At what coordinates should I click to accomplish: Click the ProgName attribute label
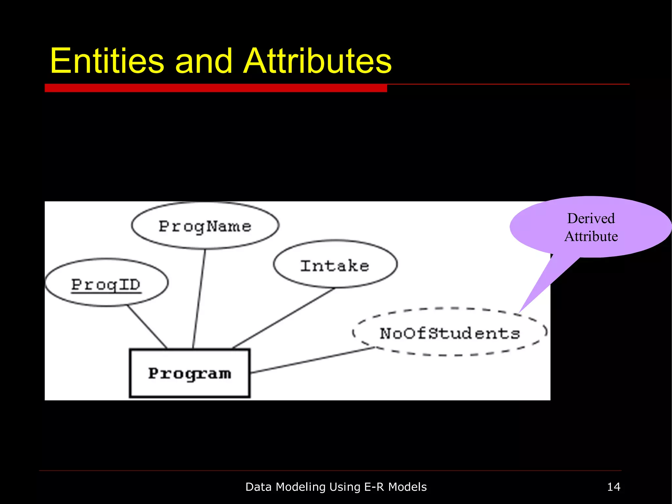coord(205,227)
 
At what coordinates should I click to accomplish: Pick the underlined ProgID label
coord(106,284)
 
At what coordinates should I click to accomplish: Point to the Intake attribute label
coord(335,265)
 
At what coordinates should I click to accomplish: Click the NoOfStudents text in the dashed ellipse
coord(450,333)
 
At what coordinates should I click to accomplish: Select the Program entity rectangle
coord(190,373)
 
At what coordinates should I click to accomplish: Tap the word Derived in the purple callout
coord(591,219)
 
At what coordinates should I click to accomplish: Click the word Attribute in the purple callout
coord(591,236)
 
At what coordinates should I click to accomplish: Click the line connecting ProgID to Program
coord(147,327)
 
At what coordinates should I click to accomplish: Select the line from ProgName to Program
coord(199,299)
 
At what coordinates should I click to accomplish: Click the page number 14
coord(614,487)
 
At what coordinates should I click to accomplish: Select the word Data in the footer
coord(259,487)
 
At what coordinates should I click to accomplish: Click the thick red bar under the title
coord(216,88)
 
